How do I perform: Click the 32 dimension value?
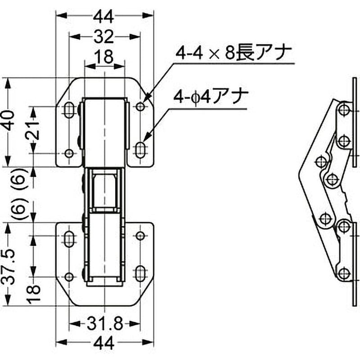pos(104,37)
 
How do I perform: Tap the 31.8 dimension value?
pos(104,324)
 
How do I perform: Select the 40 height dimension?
pos(9,120)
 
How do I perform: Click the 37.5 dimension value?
pos(9,266)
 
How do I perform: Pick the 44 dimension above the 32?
pos(104,17)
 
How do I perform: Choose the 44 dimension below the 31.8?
pos(104,342)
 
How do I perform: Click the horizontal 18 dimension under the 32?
pos(104,57)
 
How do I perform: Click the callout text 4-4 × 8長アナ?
pos(233,53)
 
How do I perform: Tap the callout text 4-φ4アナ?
pos(211,97)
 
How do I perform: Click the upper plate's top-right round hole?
pos(140,107)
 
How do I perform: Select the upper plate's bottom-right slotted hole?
pos(140,150)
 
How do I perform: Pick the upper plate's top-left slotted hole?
pos(69,110)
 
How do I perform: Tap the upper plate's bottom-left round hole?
pos(69,153)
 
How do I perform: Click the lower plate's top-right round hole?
pos(140,236)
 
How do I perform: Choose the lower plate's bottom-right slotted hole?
pos(140,274)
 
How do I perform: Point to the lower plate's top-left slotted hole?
pos(69,239)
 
